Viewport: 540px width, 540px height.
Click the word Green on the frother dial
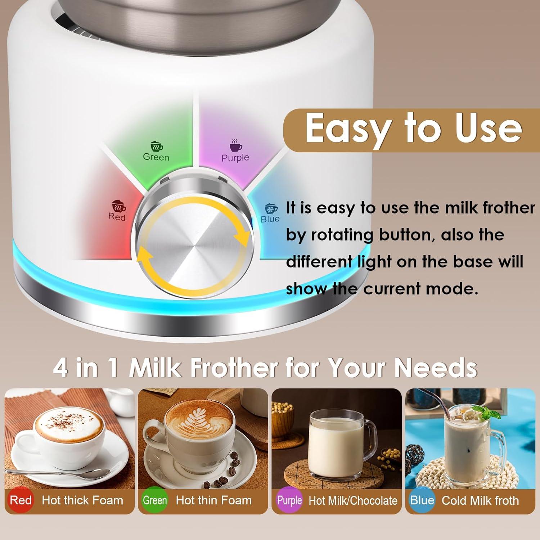156,157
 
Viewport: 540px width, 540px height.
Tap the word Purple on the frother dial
235,158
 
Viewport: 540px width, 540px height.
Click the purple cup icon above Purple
236,146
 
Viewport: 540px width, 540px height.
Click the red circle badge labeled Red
21,500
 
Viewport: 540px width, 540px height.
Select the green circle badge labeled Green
155,500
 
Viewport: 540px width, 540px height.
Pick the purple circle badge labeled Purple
289,500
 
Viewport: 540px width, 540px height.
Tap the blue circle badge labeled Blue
422,500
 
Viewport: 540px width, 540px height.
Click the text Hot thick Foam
82,500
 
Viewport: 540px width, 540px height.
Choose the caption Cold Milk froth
480,500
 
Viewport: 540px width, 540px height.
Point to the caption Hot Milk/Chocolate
353,500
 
